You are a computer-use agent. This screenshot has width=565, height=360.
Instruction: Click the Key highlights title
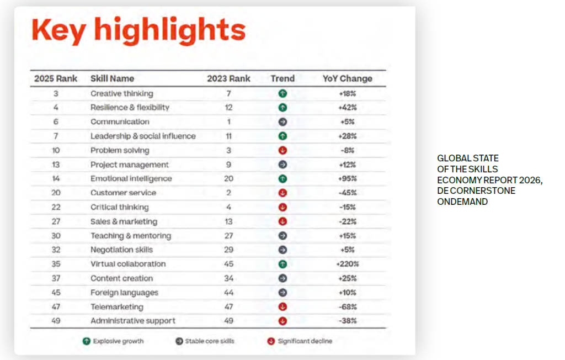pyautogui.click(x=138, y=30)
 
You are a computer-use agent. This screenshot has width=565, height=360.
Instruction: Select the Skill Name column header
pyautogui.click(x=112, y=78)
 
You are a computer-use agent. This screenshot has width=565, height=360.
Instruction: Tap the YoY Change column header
pyautogui.click(x=347, y=78)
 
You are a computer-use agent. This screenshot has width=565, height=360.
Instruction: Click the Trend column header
pyautogui.click(x=282, y=78)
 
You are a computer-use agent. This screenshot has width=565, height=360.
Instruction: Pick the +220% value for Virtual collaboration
pyautogui.click(x=347, y=264)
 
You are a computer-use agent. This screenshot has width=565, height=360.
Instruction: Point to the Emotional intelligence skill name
pyautogui.click(x=131, y=178)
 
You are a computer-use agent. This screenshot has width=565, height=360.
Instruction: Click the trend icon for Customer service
pyautogui.click(x=282, y=193)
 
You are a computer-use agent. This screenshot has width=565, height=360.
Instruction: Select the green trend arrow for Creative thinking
pyautogui.click(x=282, y=93)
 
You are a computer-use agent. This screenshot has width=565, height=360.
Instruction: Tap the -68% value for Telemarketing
pyautogui.click(x=347, y=306)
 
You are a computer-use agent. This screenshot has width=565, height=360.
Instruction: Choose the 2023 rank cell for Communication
pyautogui.click(x=228, y=121)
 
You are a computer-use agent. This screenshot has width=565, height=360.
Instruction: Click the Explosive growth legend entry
pyautogui.click(x=113, y=341)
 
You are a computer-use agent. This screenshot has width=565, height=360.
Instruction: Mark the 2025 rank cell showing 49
pyautogui.click(x=56, y=321)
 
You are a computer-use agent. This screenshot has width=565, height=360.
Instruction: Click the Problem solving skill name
pyautogui.click(x=120, y=150)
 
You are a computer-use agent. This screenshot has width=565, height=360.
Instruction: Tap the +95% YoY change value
pyautogui.click(x=347, y=178)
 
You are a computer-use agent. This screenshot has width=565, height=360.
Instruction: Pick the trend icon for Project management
pyautogui.click(x=282, y=165)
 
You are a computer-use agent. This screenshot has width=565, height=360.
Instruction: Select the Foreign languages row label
pyautogui.click(x=124, y=293)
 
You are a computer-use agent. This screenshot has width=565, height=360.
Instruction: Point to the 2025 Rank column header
pyautogui.click(x=56, y=78)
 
